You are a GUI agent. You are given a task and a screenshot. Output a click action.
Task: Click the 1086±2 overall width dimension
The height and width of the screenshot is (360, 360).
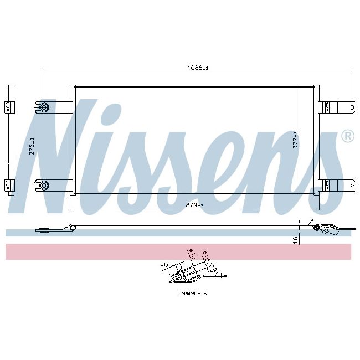pos(198,68)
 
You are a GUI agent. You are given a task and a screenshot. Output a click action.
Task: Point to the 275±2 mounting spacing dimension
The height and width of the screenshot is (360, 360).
pos(32,146)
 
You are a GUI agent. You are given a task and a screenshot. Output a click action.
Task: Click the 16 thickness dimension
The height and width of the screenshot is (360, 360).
pos(296,239)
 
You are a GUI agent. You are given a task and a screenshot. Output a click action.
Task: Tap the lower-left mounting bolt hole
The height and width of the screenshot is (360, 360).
pos(44,184)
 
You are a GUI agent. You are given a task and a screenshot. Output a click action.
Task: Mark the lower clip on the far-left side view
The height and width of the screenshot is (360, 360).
pos(8,184)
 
